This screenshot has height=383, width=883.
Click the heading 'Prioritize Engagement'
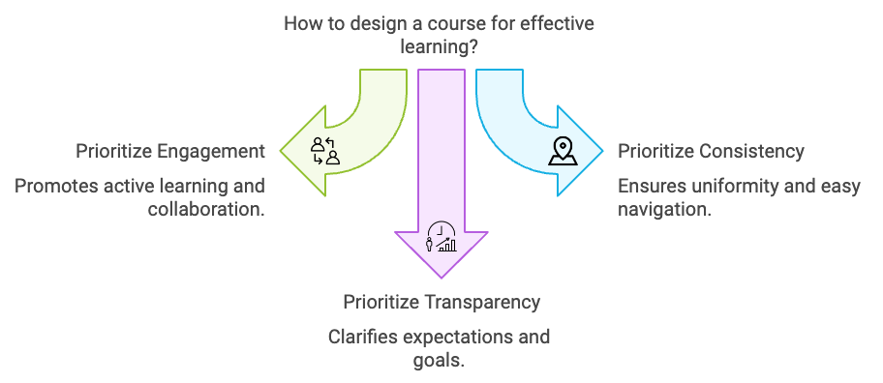pyautogui.click(x=170, y=151)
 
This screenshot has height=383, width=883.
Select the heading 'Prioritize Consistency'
pyautogui.click(x=711, y=151)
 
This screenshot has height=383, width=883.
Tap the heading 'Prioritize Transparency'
pyautogui.click(x=441, y=302)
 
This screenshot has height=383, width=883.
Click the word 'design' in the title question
pyautogui.click(x=379, y=22)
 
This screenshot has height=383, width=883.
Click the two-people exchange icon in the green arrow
pyautogui.click(x=324, y=151)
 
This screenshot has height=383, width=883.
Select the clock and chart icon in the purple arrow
pyautogui.click(x=441, y=237)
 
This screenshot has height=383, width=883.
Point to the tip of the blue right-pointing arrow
pyautogui.click(x=601, y=151)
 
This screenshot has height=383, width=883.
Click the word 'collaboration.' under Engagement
pyautogui.click(x=205, y=209)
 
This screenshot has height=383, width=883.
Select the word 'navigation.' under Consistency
pyautogui.click(x=665, y=209)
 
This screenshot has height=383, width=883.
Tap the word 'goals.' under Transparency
pyautogui.click(x=439, y=361)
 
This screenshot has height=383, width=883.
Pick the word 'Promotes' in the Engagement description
pyautogui.click(x=55, y=186)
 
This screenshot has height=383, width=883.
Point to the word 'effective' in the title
pyautogui.click(x=558, y=22)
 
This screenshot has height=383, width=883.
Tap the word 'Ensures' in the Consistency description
pyautogui.click(x=651, y=186)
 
